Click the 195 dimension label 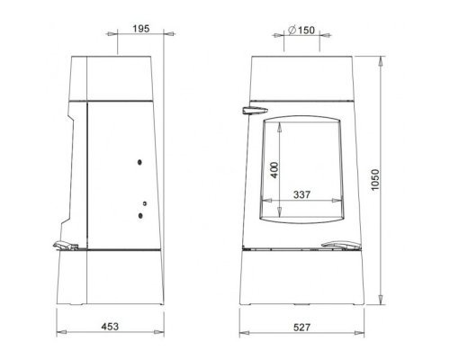click(x=141, y=29)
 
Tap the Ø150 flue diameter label click(x=301, y=30)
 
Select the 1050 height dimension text click(x=375, y=180)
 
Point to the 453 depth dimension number click(x=110, y=327)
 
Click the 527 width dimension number click(x=301, y=327)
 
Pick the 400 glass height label click(x=274, y=170)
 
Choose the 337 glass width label click(x=301, y=194)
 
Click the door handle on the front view click(x=255, y=111)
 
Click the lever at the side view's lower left click(x=66, y=246)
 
